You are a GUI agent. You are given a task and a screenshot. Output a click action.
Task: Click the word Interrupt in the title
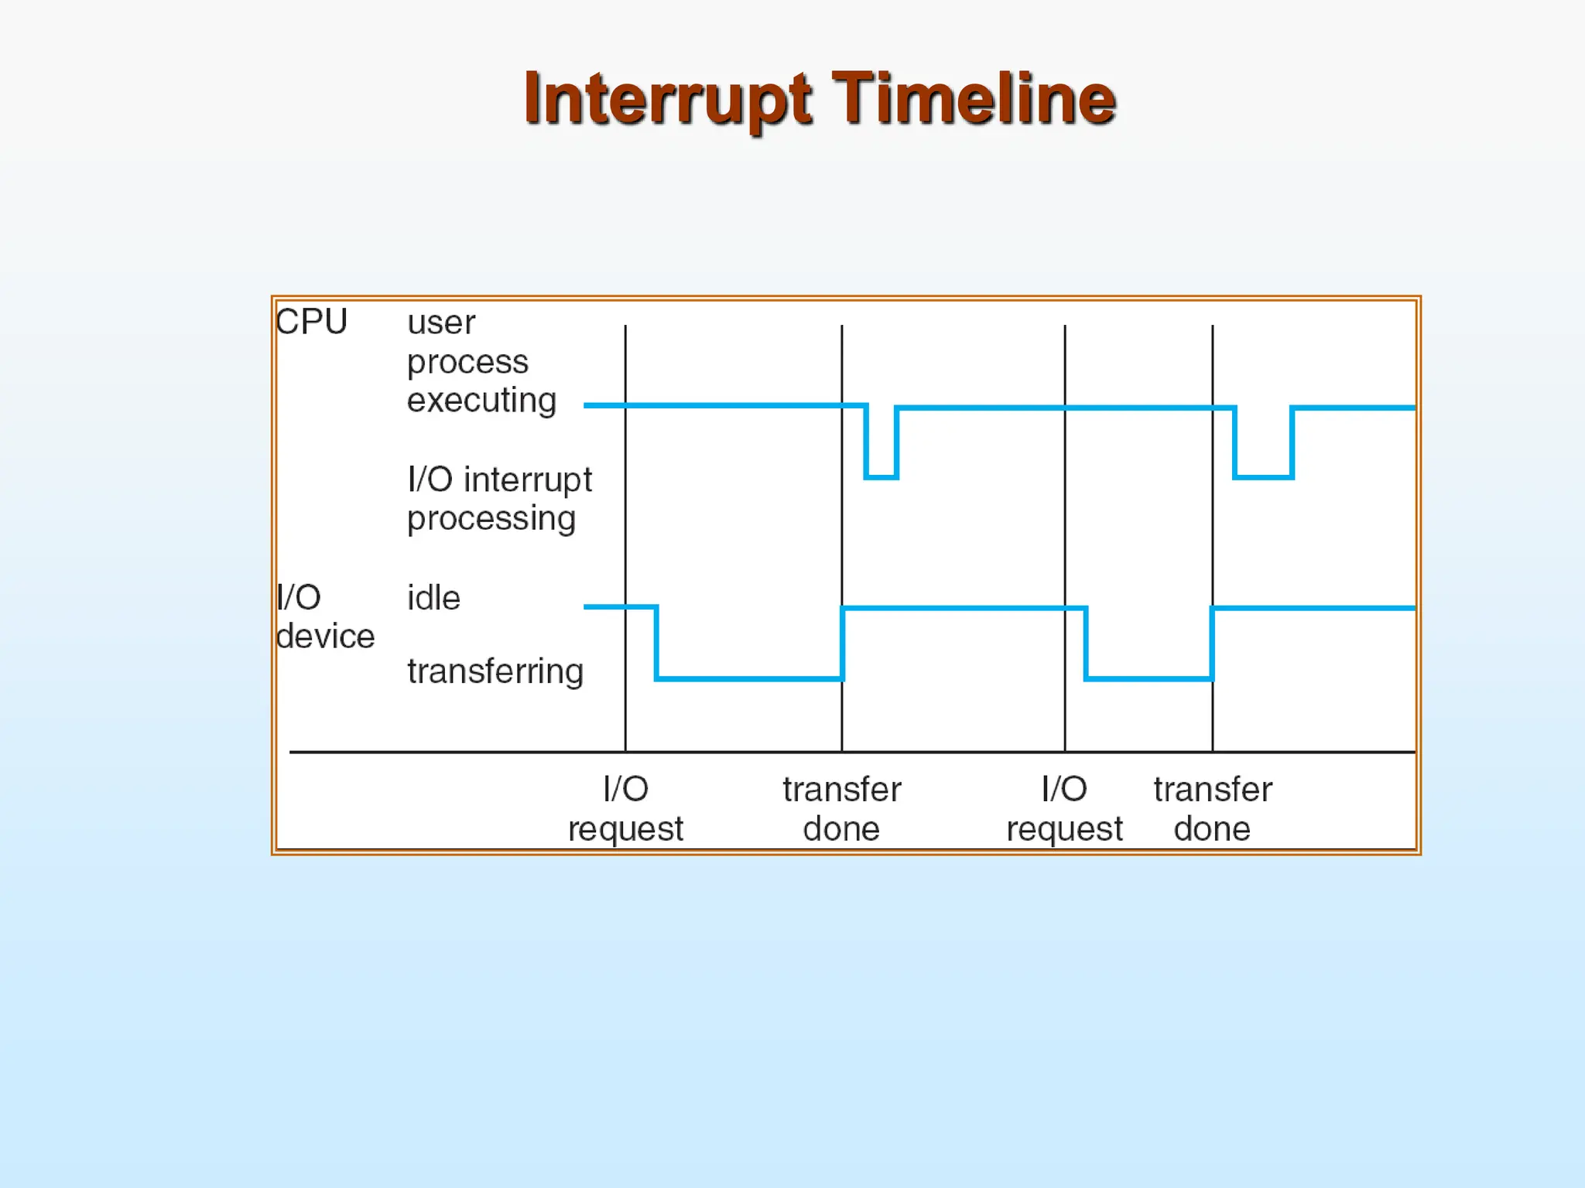tap(667, 99)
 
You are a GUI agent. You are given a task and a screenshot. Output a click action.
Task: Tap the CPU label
tap(312, 322)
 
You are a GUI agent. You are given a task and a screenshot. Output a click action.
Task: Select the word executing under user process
tap(481, 401)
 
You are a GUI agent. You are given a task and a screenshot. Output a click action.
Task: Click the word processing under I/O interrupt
tap(491, 519)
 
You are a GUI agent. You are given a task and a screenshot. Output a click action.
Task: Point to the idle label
tap(433, 598)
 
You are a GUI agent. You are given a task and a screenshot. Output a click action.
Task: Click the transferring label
tap(495, 671)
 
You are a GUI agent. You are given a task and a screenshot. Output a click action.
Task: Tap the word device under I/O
tap(326, 637)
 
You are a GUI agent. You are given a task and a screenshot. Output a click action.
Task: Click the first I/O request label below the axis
tap(625, 809)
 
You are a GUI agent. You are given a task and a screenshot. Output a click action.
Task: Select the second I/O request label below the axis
tap(1064, 809)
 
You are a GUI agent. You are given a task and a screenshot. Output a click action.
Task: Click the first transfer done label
tap(841, 809)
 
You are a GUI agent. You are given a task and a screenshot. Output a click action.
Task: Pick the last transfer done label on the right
tap(1212, 809)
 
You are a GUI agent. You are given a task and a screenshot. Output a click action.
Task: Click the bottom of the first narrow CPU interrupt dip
tap(881, 477)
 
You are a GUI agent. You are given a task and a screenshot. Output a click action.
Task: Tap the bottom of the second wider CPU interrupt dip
tap(1263, 477)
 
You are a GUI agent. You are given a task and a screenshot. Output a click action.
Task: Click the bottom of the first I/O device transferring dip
tap(749, 678)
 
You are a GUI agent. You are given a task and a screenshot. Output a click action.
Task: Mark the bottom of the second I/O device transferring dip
tap(1149, 678)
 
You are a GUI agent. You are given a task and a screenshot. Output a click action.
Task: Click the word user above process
tap(441, 323)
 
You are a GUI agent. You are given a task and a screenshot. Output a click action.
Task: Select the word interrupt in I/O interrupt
tap(528, 480)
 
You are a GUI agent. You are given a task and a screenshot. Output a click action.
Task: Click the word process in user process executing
tap(467, 363)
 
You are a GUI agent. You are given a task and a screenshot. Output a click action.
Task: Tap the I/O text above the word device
tap(299, 598)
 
